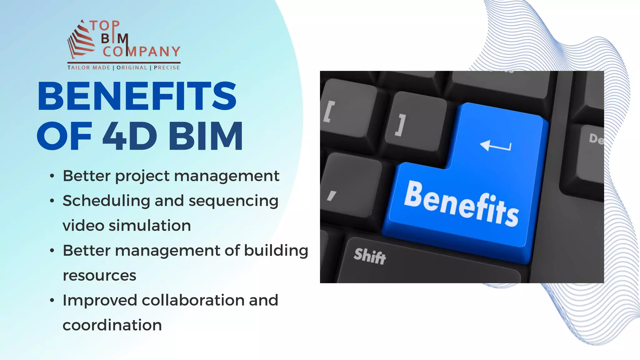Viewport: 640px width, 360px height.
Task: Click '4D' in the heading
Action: click(x=130, y=136)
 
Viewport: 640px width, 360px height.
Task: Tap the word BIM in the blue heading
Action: click(x=205, y=136)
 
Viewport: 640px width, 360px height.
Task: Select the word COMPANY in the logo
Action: click(x=142, y=52)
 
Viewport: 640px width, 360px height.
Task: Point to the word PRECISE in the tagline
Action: click(x=167, y=67)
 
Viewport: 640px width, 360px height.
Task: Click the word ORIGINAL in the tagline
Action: click(x=132, y=67)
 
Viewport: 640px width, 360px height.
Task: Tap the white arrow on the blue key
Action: click(x=495, y=146)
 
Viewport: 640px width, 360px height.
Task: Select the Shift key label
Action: click(x=370, y=256)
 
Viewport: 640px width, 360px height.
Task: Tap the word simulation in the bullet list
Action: click(x=150, y=226)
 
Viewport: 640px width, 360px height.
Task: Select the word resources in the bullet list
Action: click(x=99, y=276)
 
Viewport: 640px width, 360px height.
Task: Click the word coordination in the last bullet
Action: click(x=112, y=325)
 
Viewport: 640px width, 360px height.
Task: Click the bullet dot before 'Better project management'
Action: click(x=52, y=176)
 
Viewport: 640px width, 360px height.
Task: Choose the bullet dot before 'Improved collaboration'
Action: click(x=52, y=301)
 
